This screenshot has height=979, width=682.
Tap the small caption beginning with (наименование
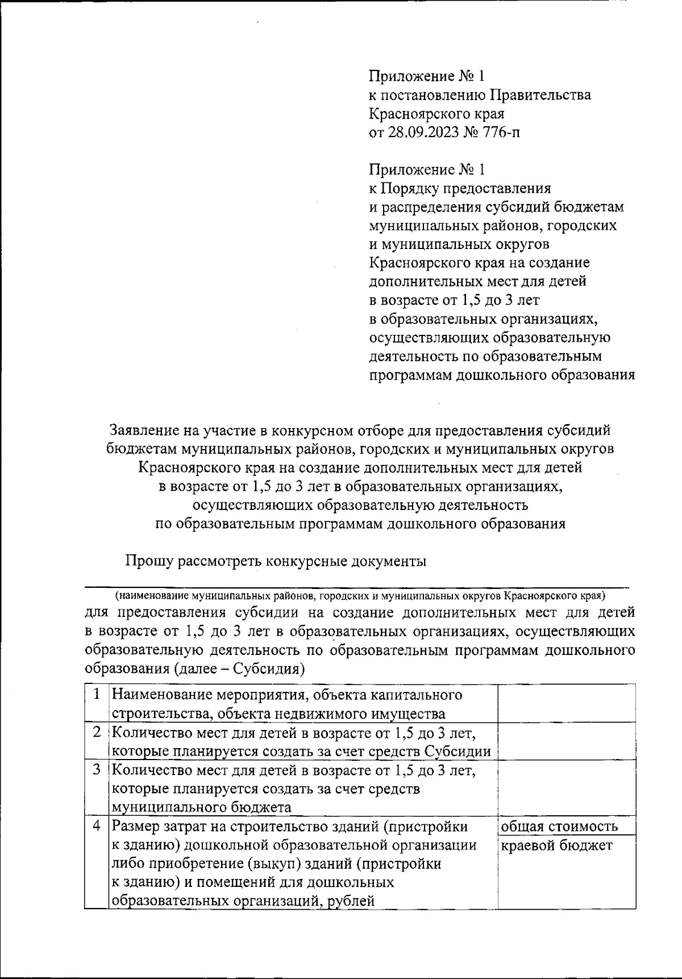[x=359, y=596]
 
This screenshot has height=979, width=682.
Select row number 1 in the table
[x=97, y=694]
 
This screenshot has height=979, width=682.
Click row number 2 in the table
[x=97, y=732]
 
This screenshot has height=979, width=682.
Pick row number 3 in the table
[x=97, y=770]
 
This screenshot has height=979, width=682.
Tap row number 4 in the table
[x=97, y=826]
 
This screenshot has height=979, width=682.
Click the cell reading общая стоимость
[x=559, y=826]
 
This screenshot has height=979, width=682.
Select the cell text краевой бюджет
[x=557, y=845]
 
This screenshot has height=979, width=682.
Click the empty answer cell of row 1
[x=566, y=704]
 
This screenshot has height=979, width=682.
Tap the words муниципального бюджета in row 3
[x=201, y=807]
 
